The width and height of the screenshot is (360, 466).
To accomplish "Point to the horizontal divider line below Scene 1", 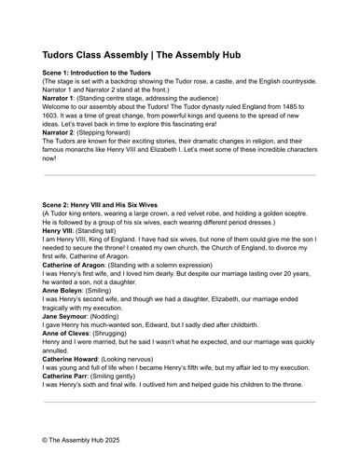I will (180, 174).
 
